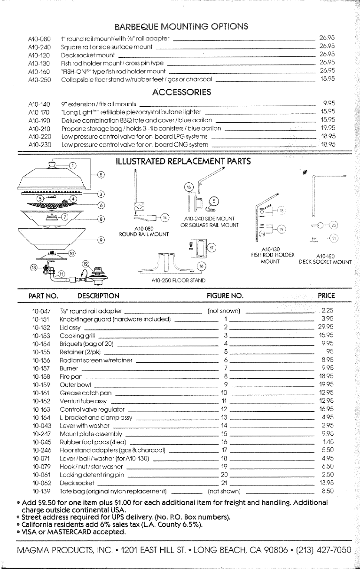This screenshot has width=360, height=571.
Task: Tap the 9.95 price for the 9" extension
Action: tap(329, 103)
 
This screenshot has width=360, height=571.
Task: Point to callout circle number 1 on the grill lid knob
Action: tap(72, 165)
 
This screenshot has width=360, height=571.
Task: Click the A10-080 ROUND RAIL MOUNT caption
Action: tap(144, 231)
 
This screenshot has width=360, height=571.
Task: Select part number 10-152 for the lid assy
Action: tap(41, 327)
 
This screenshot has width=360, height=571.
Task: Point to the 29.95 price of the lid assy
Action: tap(326, 327)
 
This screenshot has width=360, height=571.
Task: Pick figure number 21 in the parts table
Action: tap(224, 483)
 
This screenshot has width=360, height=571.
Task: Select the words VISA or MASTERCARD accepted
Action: tap(74, 532)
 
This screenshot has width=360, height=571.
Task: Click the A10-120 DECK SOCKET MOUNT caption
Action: tap(325, 259)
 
